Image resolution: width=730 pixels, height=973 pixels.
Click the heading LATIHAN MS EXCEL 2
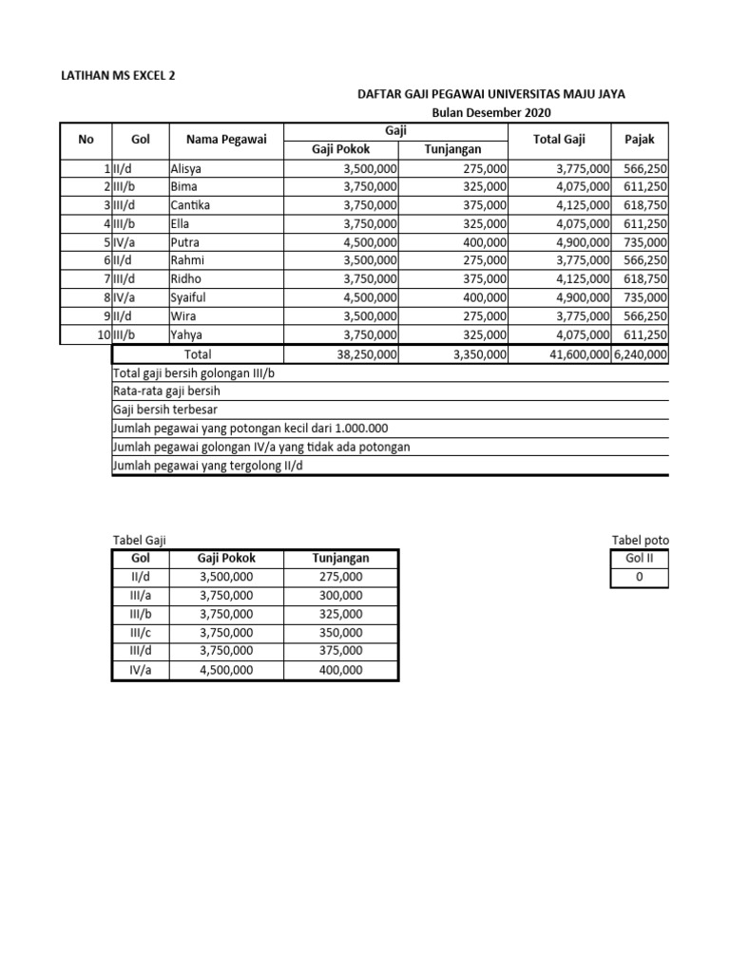(119, 75)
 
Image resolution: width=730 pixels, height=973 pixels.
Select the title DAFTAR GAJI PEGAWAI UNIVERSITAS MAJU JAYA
(490, 95)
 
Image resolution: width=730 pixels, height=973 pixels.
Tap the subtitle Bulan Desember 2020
(490, 113)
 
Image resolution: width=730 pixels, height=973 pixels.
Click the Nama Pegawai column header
(226, 140)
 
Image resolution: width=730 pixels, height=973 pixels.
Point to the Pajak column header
(639, 140)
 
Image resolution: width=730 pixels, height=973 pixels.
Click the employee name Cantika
(191, 205)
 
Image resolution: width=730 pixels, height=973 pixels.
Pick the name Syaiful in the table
(188, 297)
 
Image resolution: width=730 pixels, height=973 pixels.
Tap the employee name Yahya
(186, 334)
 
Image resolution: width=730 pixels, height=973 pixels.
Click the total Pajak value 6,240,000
(641, 353)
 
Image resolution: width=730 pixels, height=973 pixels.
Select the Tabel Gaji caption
(140, 541)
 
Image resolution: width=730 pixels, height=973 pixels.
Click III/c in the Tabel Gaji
(141, 632)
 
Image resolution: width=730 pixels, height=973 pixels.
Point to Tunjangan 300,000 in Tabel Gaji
(340, 595)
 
